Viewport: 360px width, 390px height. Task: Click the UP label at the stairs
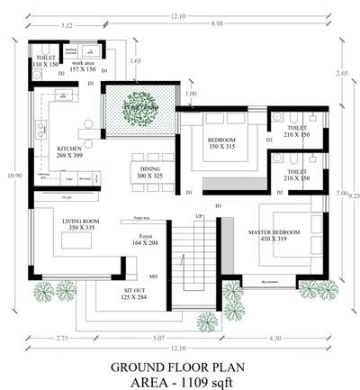[x=199, y=217]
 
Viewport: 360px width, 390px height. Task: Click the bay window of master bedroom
[x=269, y=281]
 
